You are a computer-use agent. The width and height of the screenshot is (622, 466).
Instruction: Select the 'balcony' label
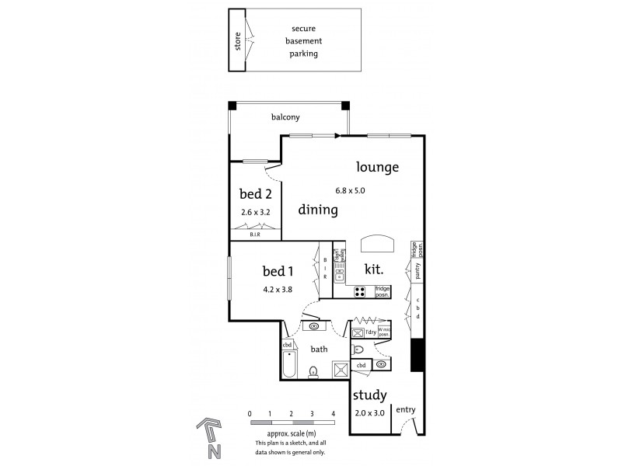point(285,117)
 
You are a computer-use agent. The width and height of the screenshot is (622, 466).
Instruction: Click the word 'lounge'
point(378,167)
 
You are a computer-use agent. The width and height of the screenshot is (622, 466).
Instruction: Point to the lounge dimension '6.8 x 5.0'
point(378,190)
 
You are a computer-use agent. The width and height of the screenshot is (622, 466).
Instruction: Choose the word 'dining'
point(318,210)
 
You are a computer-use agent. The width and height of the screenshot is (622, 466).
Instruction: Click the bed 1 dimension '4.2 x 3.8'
point(278,289)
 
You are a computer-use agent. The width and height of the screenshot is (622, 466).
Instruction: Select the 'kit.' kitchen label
point(377,269)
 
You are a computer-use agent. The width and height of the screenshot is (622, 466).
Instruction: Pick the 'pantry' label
point(418,270)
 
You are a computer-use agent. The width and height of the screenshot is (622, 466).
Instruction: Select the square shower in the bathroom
point(340,369)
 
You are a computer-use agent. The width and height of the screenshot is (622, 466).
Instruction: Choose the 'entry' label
point(405,409)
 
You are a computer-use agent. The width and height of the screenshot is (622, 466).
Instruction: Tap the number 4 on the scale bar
point(333,415)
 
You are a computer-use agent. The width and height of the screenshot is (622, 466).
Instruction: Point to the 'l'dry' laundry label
point(371,332)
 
